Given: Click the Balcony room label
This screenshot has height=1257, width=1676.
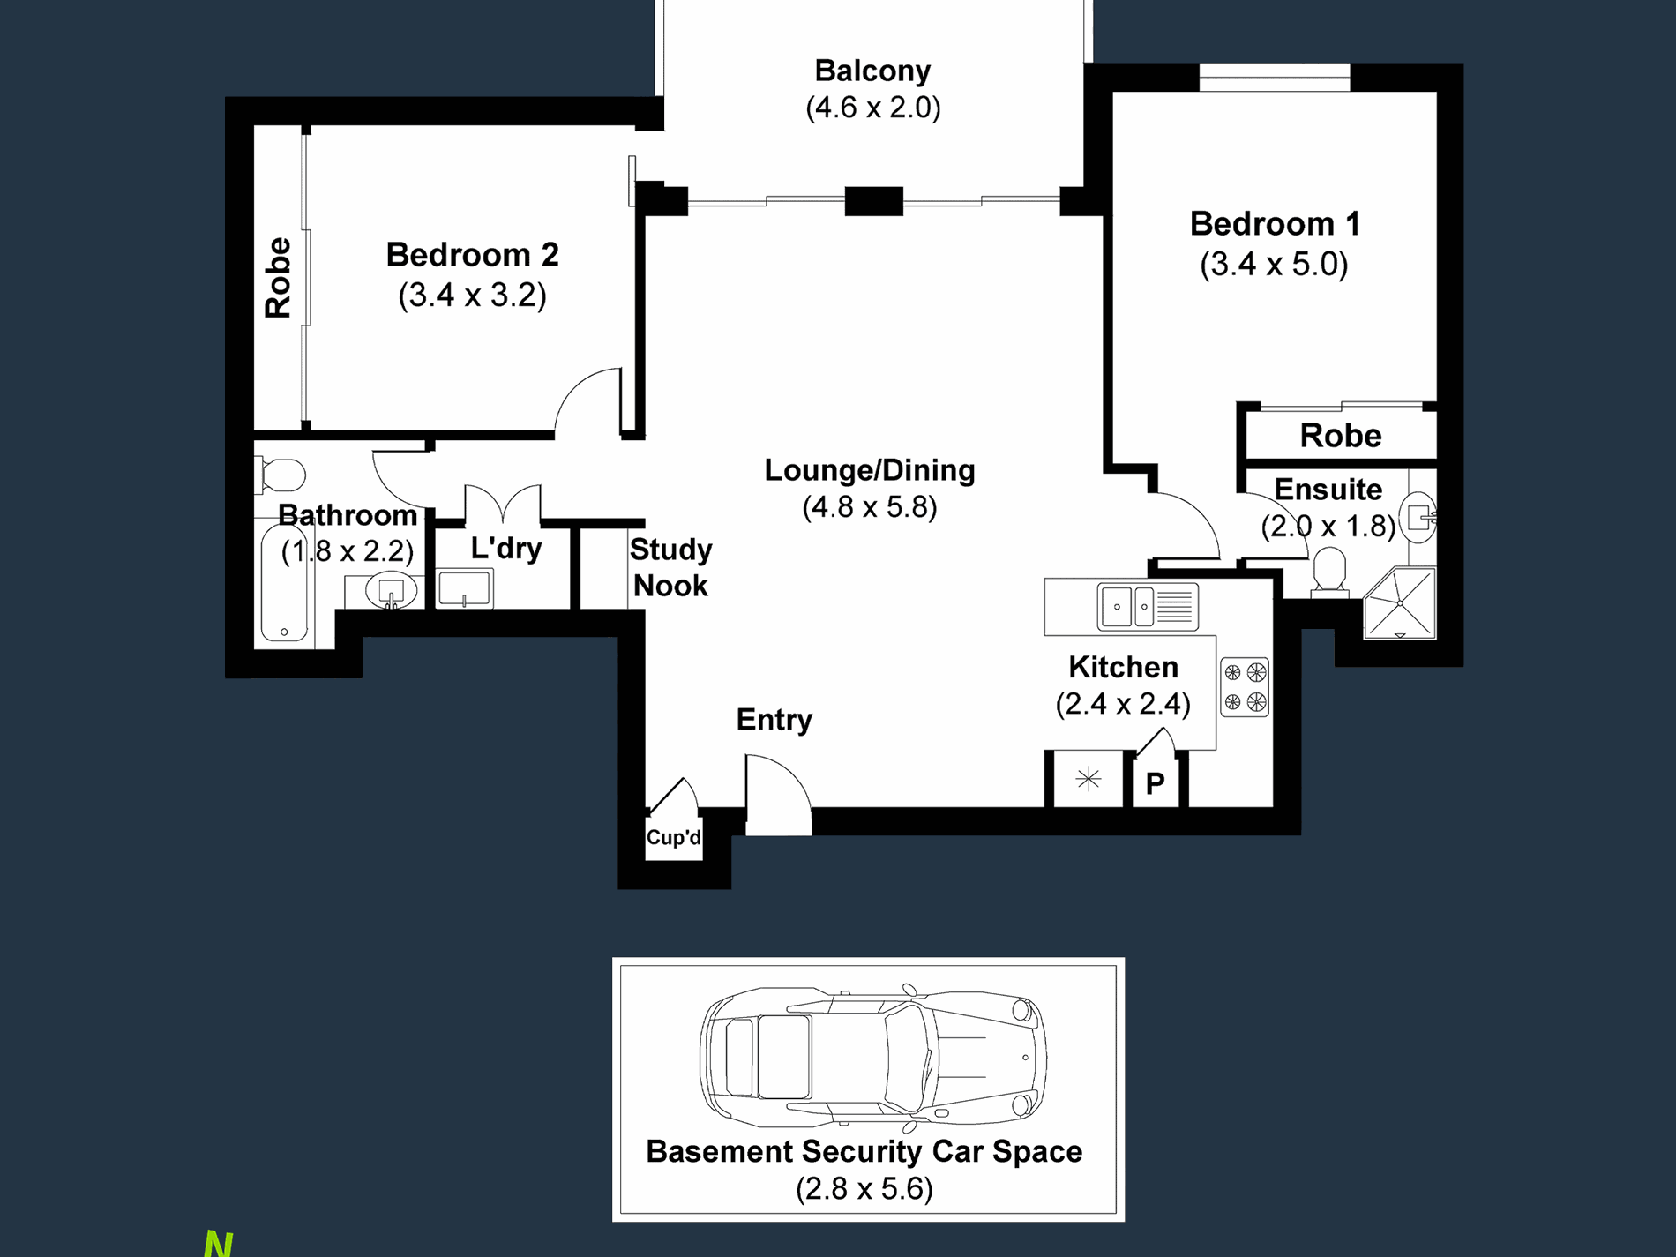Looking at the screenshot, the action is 872,71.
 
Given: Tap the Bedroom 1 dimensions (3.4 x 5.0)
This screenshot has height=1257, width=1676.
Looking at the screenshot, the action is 1274,264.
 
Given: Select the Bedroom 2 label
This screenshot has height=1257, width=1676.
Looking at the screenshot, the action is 473,255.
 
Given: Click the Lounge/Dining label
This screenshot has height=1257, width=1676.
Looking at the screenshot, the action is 870,470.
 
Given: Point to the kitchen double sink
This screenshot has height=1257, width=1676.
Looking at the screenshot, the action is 1148,607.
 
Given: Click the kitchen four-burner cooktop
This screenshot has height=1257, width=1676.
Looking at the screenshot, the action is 1245,686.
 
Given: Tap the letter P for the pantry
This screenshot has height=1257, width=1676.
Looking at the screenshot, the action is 1155,783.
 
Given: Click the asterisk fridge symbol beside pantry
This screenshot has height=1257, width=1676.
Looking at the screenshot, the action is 1089,779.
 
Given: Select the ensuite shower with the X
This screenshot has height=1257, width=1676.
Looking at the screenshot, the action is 1400,602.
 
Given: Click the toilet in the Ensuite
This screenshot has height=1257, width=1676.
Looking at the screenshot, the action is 1329,572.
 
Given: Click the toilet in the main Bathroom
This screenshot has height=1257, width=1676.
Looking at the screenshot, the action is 281,475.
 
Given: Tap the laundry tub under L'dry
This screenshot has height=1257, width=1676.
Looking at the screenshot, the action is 464,588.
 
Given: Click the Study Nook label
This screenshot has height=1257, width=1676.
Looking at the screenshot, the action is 670,567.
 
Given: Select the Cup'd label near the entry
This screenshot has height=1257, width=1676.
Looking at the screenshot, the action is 674,837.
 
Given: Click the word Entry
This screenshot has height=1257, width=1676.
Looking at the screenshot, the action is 774,720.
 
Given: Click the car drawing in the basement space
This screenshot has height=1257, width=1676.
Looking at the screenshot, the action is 872,1056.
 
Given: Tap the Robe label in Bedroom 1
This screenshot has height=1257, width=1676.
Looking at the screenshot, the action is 1341,436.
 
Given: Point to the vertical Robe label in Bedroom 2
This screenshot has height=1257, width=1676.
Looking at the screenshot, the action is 278,278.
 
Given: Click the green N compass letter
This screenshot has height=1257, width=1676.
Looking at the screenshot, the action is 218,1244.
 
